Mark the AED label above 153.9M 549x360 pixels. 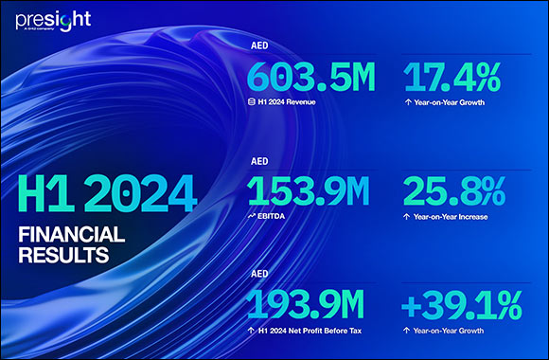[x=259, y=162]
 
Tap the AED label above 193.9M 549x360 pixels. [x=259, y=276]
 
